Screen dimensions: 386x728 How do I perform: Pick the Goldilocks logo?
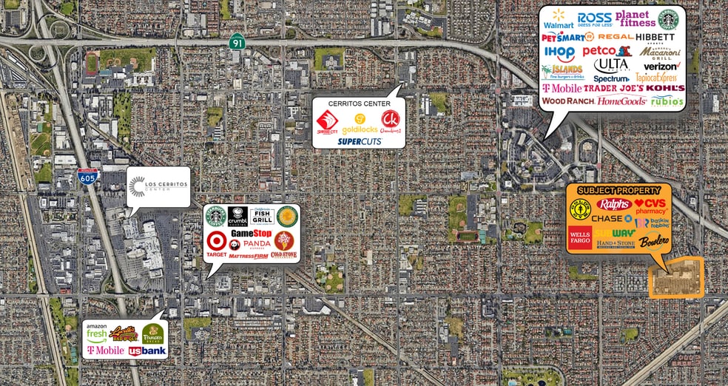(359, 123)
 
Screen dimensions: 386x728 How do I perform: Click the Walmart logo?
(558, 19)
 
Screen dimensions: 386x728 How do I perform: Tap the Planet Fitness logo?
(636, 18)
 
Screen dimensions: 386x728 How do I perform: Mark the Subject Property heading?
(618, 190)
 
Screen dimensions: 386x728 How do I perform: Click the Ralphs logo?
(614, 204)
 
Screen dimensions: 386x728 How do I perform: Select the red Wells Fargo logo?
(579, 239)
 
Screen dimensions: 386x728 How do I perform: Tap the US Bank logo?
(147, 351)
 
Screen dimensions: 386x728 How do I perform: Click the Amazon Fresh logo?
(97, 331)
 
